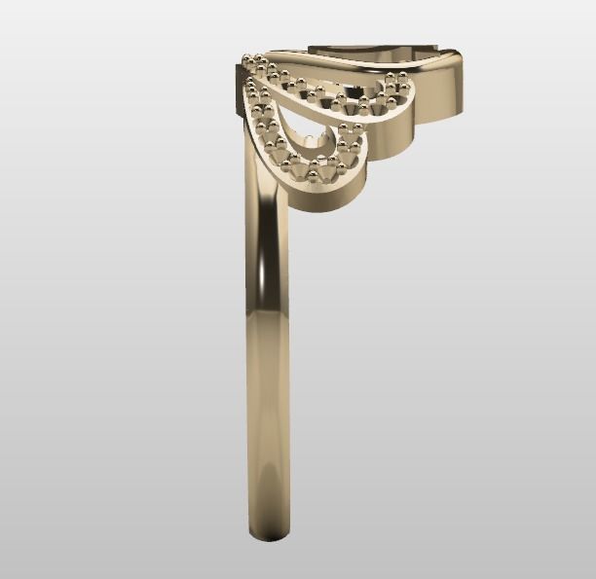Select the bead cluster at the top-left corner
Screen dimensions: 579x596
coord(255,64)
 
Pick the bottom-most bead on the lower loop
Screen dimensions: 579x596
coord(315,176)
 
